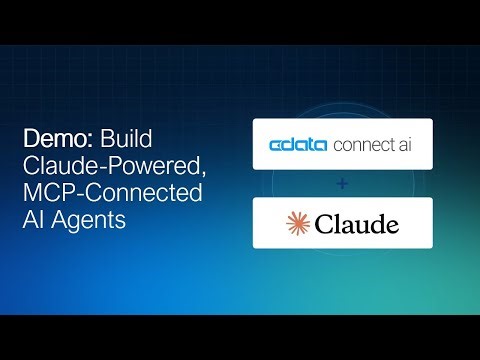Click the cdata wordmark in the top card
297,148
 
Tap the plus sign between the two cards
343,185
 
